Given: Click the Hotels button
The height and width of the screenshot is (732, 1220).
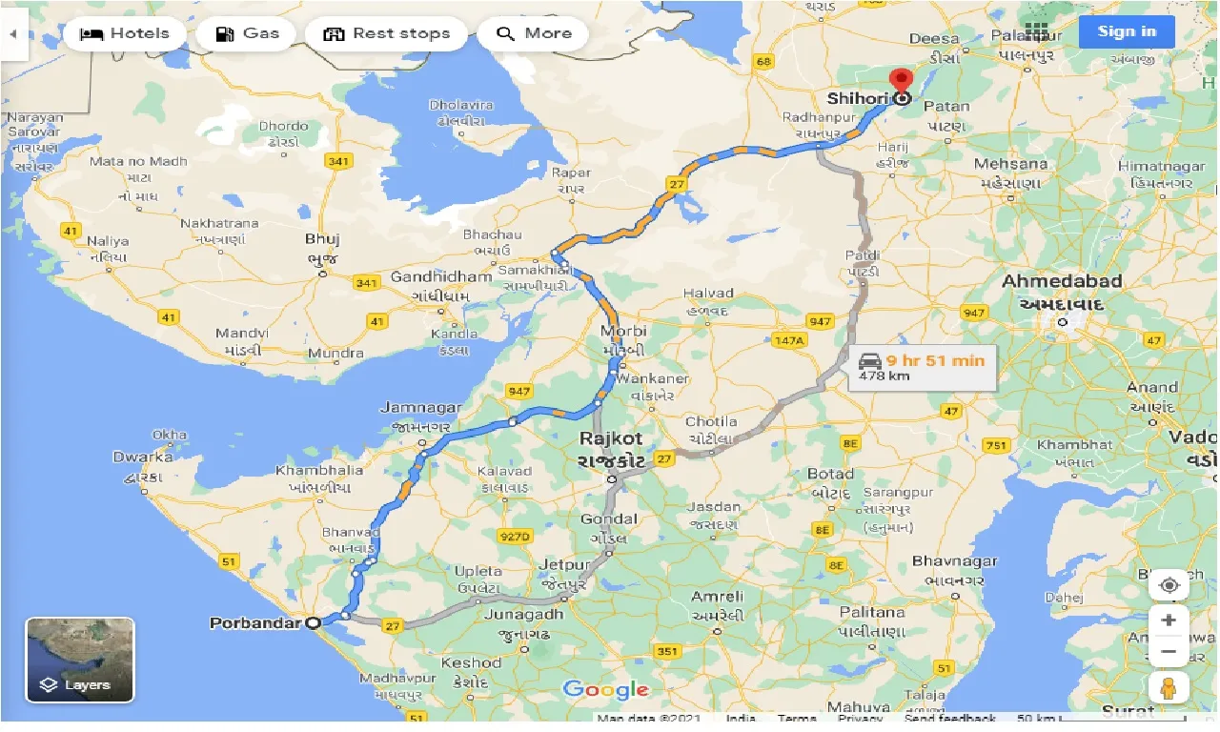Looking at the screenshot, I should point(123,33).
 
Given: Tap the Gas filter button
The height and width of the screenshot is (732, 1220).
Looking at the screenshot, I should point(246,33).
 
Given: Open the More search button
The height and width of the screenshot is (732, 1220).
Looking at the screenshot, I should point(533,33).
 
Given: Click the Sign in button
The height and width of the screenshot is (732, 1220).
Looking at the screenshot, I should point(1127,31).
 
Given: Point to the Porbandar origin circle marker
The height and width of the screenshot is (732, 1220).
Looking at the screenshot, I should point(313,623).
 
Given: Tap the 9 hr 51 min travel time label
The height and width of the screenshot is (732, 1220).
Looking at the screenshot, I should point(934,360).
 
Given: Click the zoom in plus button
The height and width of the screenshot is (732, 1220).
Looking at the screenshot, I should point(1169,620).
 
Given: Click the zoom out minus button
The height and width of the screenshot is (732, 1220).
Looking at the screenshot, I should point(1169,652).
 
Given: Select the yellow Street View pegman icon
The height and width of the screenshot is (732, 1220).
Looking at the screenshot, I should point(1169,687).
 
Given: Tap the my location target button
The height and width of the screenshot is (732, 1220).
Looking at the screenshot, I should point(1169,584).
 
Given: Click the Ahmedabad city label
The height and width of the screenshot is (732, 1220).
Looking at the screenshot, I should point(1061,281).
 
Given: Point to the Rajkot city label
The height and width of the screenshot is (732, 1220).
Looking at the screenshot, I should point(611,439).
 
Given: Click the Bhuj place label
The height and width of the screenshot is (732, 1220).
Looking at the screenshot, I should point(322,239).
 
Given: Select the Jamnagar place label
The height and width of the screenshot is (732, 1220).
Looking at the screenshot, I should point(420,408).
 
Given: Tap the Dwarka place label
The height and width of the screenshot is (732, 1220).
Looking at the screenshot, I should point(143,457).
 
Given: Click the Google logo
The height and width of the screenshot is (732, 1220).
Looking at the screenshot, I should point(605,689).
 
